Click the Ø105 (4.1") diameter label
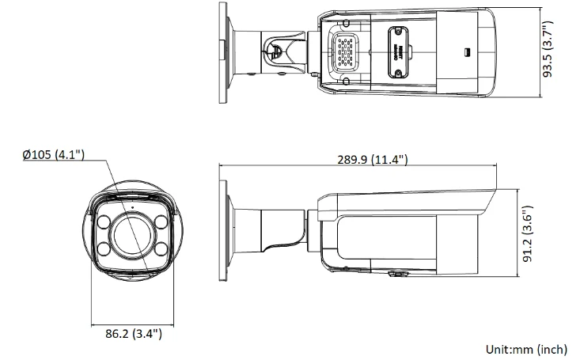pos(54,154)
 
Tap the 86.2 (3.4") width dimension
pos(134,333)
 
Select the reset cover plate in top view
pos(400,50)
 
